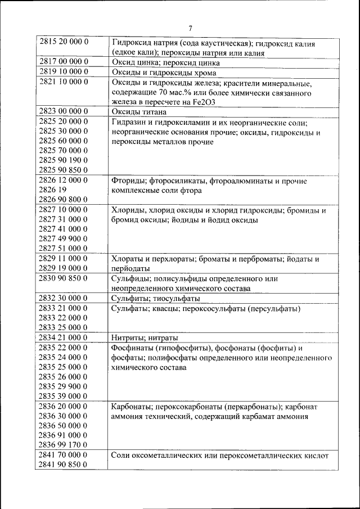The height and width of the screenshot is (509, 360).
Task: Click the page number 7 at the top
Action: [190, 28]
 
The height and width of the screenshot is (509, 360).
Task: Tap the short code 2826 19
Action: [53, 190]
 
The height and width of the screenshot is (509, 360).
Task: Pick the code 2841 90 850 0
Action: [64, 465]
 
